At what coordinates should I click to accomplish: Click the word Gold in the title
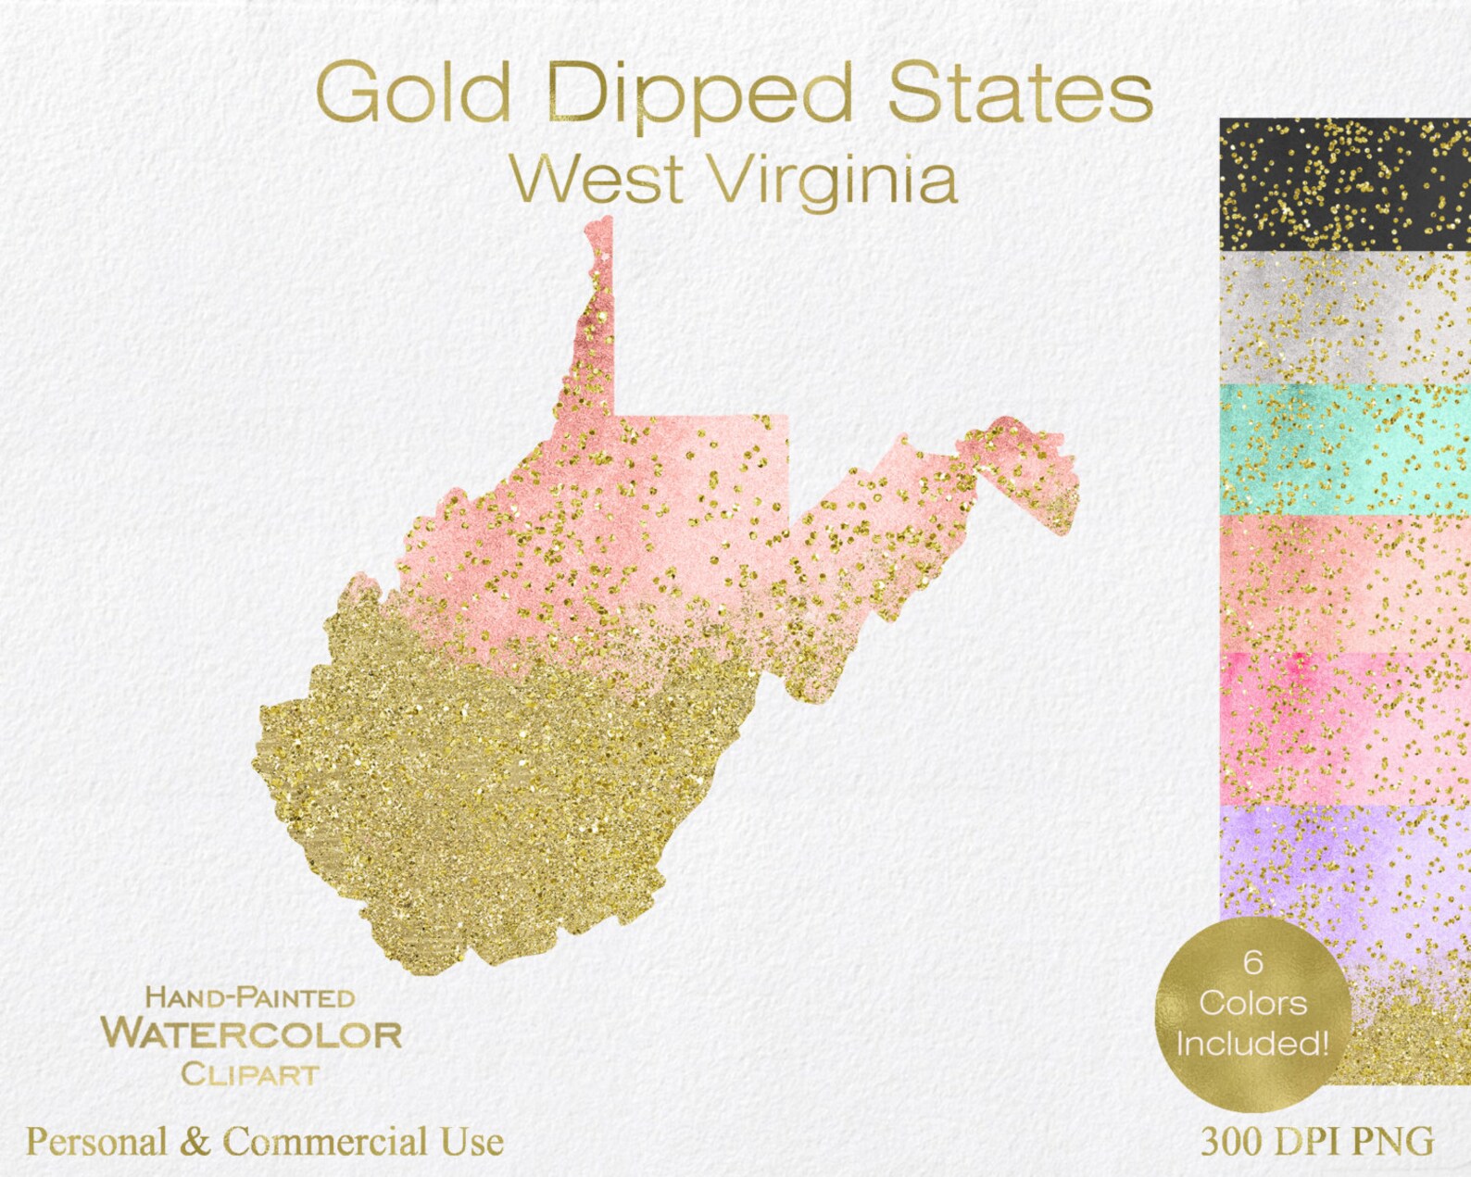click(413, 91)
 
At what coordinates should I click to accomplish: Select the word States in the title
click(1020, 91)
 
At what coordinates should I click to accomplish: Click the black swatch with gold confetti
click(1344, 183)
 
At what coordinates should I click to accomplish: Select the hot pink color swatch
click(1344, 727)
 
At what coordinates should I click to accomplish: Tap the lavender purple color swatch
click(1344, 861)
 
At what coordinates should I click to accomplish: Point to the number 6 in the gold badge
click(1253, 962)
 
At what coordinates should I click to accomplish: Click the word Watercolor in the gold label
click(251, 1034)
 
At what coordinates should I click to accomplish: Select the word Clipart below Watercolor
click(250, 1074)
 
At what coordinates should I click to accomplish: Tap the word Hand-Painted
click(250, 997)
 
